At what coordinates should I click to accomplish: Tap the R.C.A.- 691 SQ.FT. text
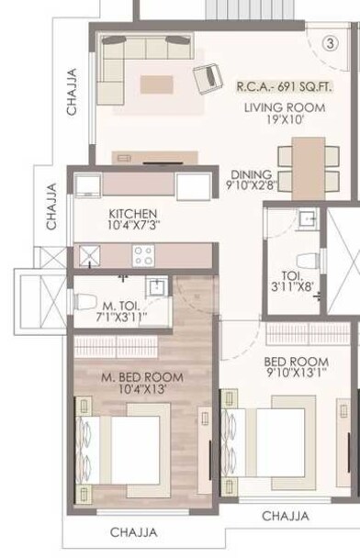(284, 87)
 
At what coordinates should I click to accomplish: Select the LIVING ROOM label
(285, 107)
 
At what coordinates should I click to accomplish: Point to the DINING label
(250, 174)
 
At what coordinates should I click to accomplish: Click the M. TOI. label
(121, 306)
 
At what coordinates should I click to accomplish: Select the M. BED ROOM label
(141, 377)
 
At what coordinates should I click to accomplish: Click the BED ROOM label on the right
(296, 361)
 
